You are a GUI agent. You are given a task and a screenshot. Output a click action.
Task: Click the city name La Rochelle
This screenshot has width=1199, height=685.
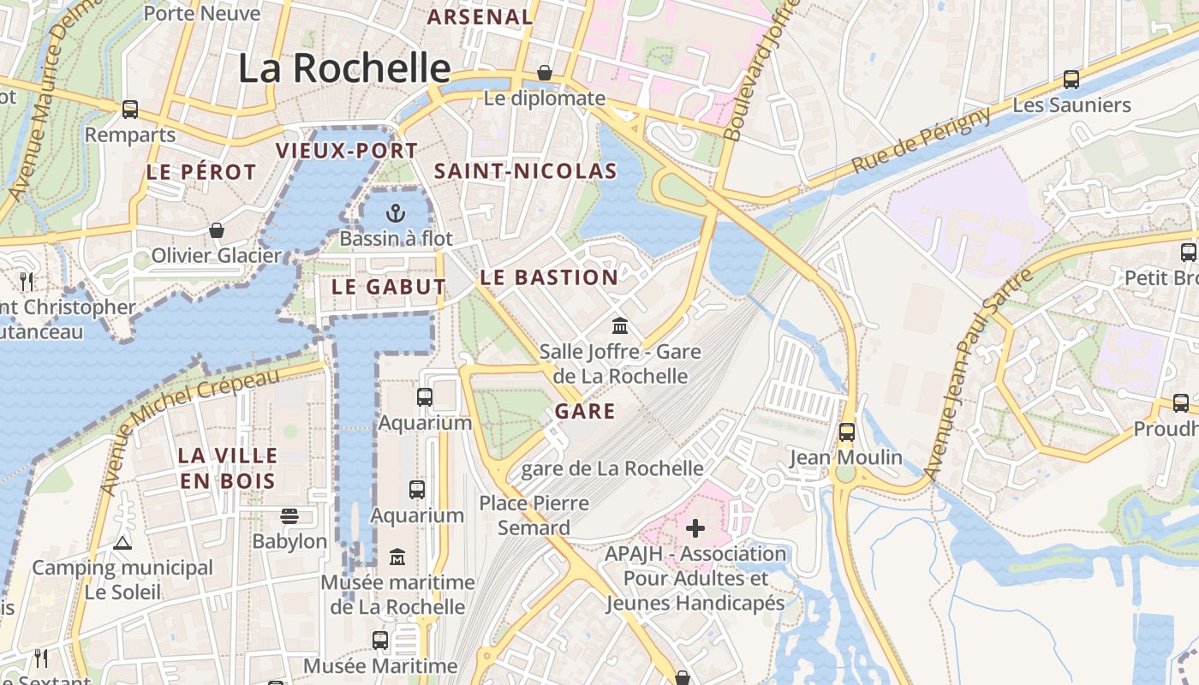(344, 68)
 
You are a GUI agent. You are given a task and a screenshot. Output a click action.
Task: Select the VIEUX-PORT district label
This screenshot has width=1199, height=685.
(346, 152)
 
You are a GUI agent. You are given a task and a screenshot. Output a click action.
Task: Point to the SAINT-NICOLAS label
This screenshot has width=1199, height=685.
(525, 171)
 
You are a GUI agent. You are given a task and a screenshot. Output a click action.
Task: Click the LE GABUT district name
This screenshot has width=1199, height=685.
(388, 287)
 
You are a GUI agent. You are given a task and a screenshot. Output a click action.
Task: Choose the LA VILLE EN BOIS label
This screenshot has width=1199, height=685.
(227, 468)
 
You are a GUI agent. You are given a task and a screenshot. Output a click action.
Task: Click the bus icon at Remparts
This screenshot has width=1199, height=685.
(130, 110)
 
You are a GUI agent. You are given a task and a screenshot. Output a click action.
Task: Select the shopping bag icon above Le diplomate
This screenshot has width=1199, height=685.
(544, 73)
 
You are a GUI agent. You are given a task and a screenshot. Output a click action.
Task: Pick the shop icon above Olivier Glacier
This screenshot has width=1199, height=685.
(217, 230)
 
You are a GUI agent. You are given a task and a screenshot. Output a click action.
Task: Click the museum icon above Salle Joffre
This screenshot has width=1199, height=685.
(620, 326)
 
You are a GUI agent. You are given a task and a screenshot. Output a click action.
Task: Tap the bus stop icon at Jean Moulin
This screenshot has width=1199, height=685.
(846, 432)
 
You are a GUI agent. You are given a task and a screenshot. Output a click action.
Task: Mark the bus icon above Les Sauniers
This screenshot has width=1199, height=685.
(1071, 80)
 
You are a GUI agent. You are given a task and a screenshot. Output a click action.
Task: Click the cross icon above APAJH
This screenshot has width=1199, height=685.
(695, 528)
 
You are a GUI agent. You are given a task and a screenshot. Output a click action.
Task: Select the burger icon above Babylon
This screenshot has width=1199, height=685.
(289, 515)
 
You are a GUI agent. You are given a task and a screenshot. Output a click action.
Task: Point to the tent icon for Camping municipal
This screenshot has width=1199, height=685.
(122, 542)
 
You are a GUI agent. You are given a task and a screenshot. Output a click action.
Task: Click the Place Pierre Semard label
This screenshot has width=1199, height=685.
(534, 515)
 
